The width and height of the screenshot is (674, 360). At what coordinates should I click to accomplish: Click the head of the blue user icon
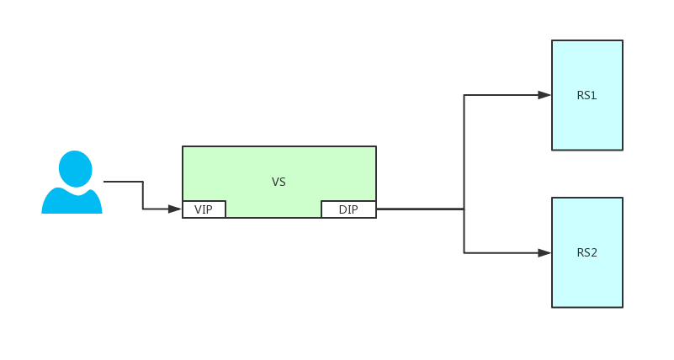tap(75, 168)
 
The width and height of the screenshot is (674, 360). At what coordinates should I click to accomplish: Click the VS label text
tap(279, 182)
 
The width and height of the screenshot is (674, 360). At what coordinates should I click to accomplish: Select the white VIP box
tap(204, 209)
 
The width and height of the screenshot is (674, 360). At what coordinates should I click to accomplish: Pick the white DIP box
tap(348, 209)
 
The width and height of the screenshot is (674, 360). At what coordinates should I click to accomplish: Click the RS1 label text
tap(586, 95)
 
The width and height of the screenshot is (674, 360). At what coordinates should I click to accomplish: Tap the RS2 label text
tap(586, 252)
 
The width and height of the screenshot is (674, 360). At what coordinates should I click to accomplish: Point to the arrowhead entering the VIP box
tap(175, 209)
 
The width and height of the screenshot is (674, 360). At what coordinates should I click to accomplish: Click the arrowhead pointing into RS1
tap(544, 95)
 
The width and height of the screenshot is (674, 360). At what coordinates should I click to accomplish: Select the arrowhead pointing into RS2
tap(544, 252)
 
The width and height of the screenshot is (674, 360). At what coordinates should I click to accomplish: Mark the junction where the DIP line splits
tap(464, 209)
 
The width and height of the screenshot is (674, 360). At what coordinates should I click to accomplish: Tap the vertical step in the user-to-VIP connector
tap(143, 195)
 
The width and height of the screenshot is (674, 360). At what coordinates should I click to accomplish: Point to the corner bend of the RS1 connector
tap(464, 95)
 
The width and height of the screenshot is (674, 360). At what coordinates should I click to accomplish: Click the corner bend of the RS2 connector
tap(464, 252)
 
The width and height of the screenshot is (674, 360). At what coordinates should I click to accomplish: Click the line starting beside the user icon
tap(123, 182)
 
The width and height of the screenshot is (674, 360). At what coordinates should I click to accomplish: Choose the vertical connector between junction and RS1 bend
tap(464, 151)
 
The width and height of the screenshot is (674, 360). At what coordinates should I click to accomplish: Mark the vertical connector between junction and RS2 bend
tap(464, 231)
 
